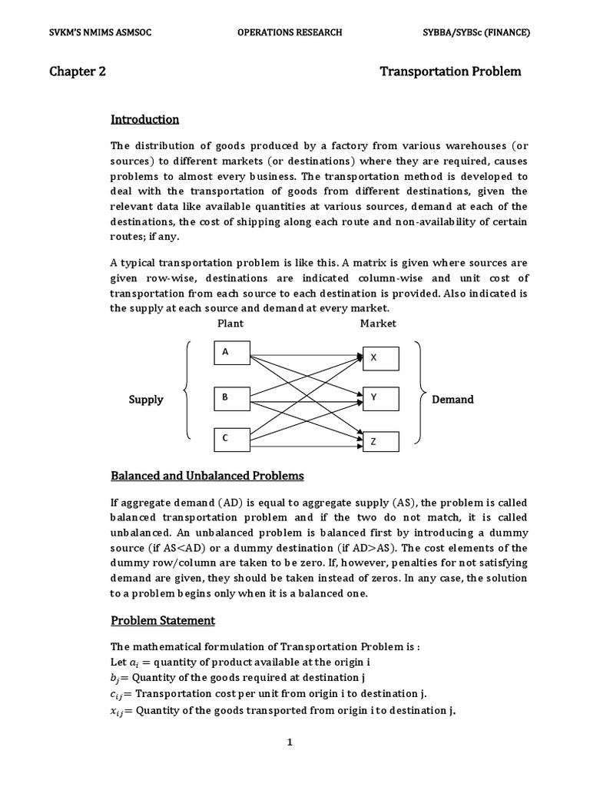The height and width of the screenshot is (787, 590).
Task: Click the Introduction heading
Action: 145,119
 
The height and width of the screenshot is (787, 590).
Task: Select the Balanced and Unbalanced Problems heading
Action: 207,476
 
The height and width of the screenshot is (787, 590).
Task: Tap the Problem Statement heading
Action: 163,620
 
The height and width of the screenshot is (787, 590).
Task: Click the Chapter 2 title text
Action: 78,71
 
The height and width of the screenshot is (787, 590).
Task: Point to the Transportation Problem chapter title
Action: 450,71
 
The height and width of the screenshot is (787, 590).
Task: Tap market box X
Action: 380,358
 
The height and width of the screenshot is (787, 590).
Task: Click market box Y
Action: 380,398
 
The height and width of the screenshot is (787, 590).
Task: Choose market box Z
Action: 380,442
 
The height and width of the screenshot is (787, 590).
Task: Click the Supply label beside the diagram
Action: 146,400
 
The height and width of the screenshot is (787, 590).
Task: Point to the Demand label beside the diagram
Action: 452,400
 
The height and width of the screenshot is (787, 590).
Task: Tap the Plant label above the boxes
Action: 230,324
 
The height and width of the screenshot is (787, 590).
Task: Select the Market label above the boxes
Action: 378,324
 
